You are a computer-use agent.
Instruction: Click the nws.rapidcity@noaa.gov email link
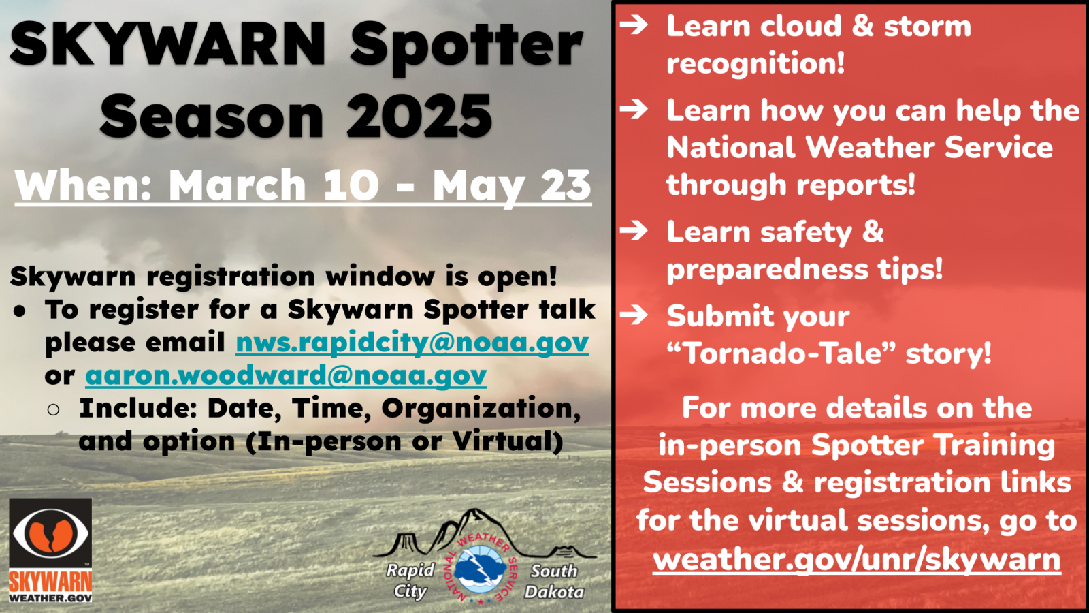pos(412,343)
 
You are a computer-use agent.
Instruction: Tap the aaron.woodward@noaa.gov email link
pos(286,375)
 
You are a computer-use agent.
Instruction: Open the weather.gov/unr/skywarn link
pos(857,559)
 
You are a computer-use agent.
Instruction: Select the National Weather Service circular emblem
pos(481,569)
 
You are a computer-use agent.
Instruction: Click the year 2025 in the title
pos(419,116)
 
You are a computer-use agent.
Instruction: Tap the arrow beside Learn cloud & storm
pos(634,25)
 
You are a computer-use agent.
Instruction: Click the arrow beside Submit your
pos(634,315)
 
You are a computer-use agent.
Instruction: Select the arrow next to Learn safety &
pos(634,230)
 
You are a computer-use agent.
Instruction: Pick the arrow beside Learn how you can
pos(634,109)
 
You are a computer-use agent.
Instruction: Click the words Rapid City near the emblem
pos(410,580)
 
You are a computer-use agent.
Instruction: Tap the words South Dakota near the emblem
pos(554,581)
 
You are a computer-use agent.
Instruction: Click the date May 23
pos(512,185)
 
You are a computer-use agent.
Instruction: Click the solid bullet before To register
pos(20,312)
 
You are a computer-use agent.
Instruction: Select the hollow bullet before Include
pos(54,409)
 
